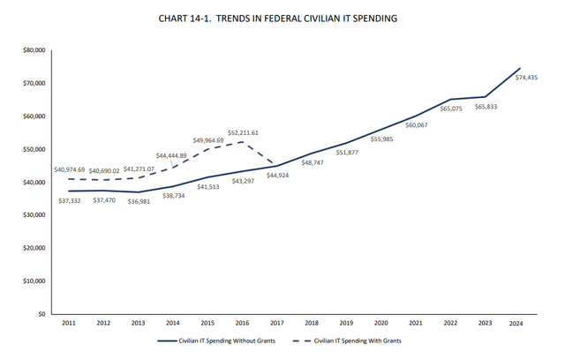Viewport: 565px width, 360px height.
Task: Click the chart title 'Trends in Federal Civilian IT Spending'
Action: click(282, 17)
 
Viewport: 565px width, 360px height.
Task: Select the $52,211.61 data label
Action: click(242, 132)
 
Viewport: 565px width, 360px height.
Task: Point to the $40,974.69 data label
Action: click(70, 169)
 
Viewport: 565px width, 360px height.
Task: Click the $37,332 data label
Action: click(70, 200)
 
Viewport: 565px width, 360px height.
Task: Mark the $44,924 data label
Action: click(276, 175)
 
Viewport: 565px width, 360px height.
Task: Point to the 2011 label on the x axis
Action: click(70, 324)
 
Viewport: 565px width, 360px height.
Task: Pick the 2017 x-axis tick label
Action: click(277, 324)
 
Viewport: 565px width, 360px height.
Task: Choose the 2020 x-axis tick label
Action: click(381, 324)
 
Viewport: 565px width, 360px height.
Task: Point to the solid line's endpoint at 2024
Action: click(520, 68)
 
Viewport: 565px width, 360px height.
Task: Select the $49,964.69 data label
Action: click(208, 140)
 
